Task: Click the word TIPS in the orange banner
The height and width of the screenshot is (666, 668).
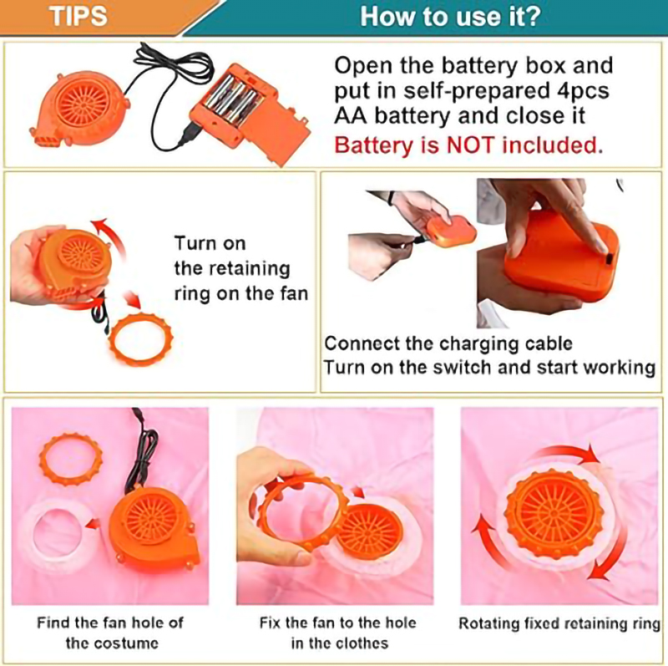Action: pos(78,16)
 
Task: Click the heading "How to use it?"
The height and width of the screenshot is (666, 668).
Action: pos(451,16)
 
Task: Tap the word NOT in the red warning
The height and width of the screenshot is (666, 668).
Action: pos(470,145)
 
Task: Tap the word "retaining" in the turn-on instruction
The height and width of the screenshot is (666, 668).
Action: pos(232,268)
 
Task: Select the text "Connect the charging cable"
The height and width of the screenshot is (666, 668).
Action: pos(448,343)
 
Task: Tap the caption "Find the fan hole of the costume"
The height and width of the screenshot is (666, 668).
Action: pos(110,633)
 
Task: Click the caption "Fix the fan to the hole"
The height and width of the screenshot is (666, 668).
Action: pos(338,623)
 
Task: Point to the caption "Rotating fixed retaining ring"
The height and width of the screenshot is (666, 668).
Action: pos(559,623)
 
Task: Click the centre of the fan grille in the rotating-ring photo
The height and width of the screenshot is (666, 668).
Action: pos(554,511)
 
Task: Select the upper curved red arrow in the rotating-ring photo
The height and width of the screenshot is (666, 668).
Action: pos(562,450)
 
